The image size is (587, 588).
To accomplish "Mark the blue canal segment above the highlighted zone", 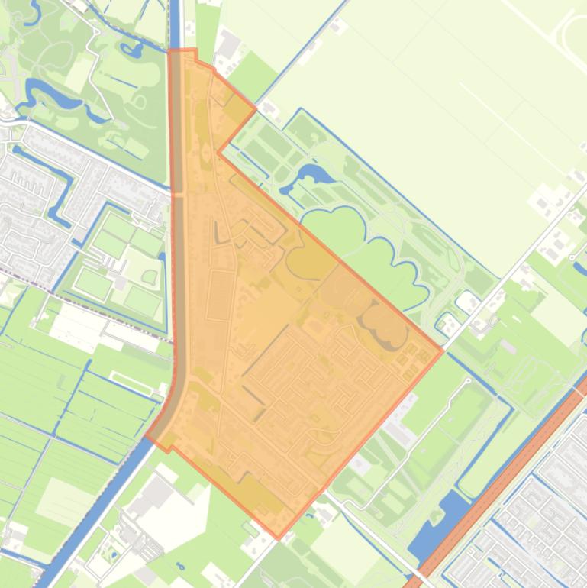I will point(175,23).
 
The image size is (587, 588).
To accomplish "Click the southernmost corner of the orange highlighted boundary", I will point(278,538).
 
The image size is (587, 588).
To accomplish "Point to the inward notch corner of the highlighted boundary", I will point(219,151).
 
